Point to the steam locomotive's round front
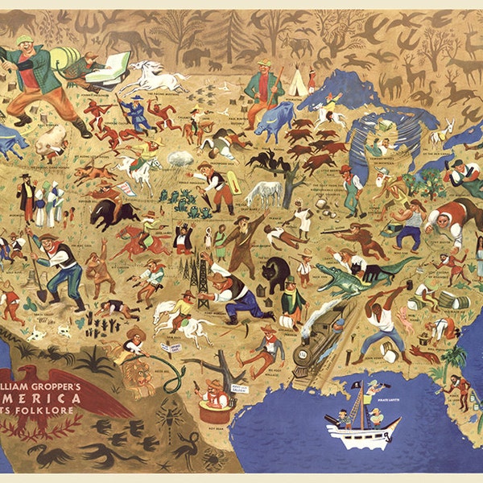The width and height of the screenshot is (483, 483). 302,354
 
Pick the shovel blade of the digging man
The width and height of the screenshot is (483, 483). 41,295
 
